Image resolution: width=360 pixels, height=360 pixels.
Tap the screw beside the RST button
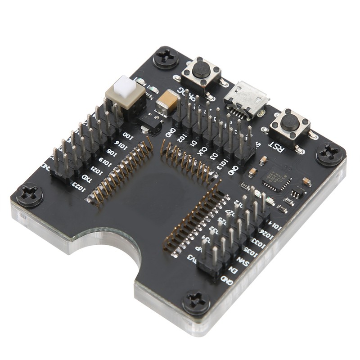coord(331,154)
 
